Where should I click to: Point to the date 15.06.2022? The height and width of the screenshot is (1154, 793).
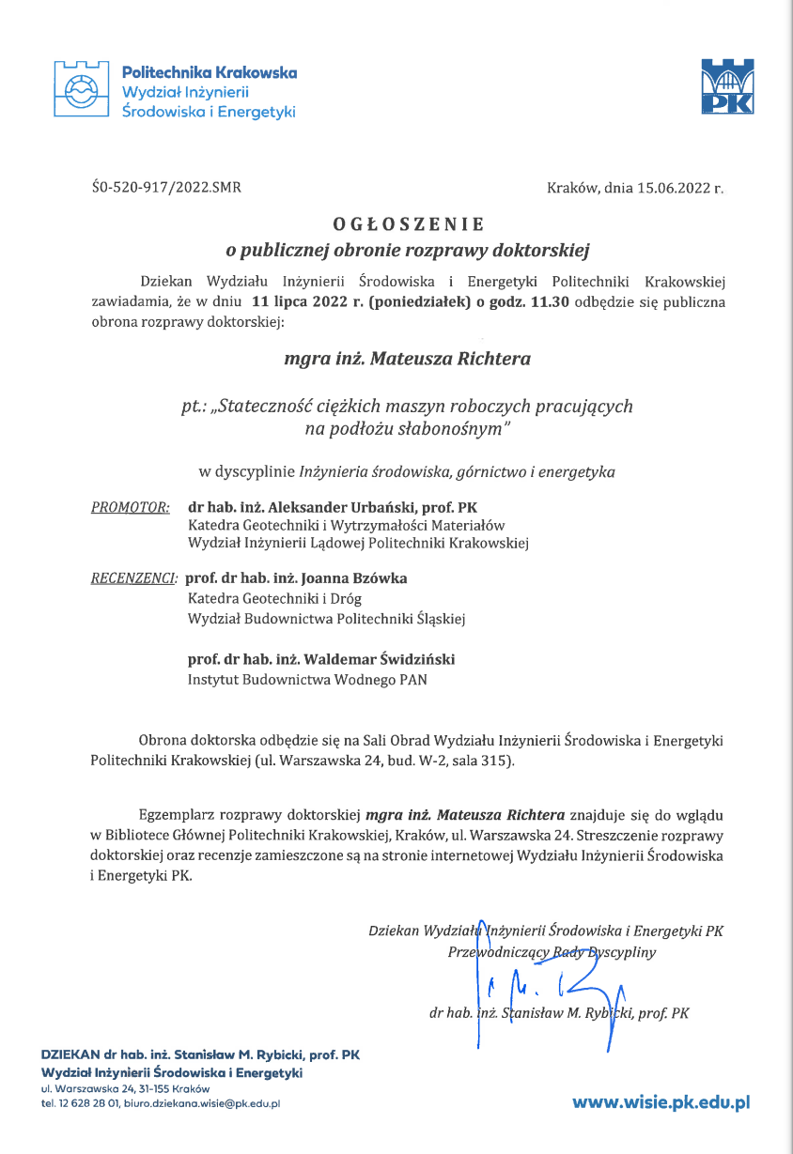[x=671, y=188]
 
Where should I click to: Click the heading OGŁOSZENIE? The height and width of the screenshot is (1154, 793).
[x=409, y=224]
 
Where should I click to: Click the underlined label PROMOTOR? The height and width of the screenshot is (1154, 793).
[x=131, y=507]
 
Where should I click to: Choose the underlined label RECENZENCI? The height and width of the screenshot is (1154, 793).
[x=134, y=578]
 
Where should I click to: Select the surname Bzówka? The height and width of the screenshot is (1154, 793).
[x=380, y=578]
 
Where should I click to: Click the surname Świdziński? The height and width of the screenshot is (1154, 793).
[x=413, y=660]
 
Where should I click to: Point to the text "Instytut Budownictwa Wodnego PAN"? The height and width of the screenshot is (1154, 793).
[x=308, y=680]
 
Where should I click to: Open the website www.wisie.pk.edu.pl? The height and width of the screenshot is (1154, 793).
[x=661, y=1102]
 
